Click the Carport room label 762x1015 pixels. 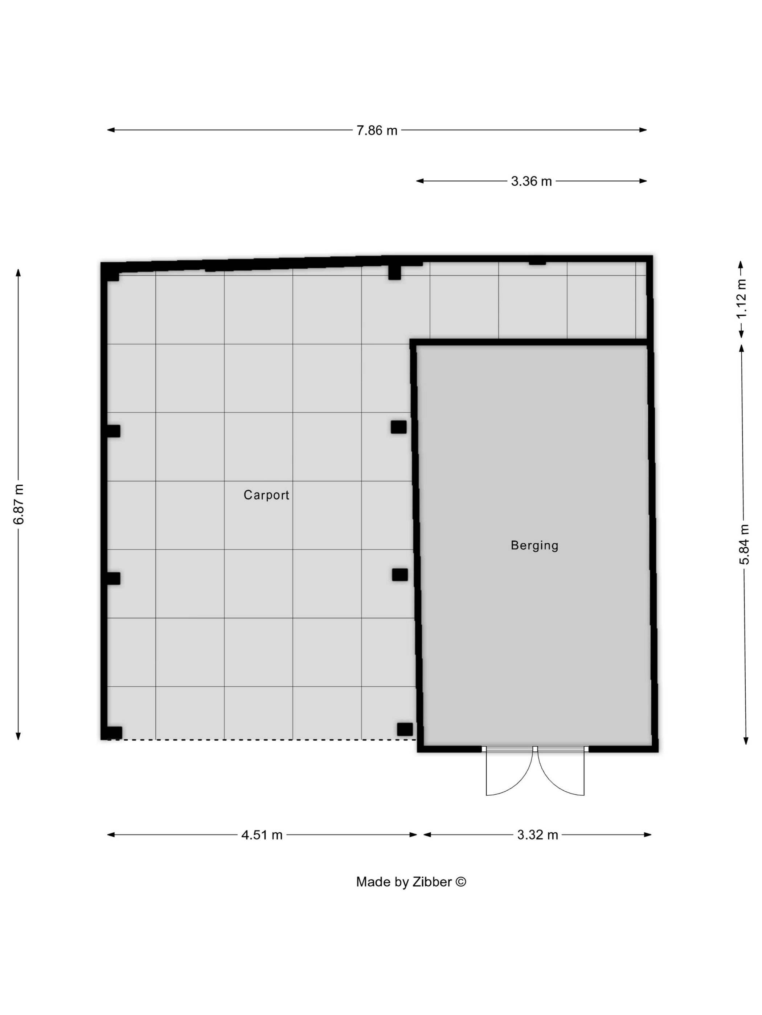pos(266,495)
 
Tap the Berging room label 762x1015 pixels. pos(534,545)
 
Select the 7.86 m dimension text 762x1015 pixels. pos(377,130)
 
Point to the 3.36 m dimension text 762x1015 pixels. pos(531,181)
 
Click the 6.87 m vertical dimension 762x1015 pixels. pos(19,504)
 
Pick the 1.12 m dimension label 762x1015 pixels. pos(741,299)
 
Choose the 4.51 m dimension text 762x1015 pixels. pos(262,835)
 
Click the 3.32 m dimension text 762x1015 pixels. pos(537,835)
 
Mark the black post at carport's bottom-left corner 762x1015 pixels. pos(114,733)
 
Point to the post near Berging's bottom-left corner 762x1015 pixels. pos(405,729)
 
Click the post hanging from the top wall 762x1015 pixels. pos(394,272)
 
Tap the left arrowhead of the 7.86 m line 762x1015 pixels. pos(111,130)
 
